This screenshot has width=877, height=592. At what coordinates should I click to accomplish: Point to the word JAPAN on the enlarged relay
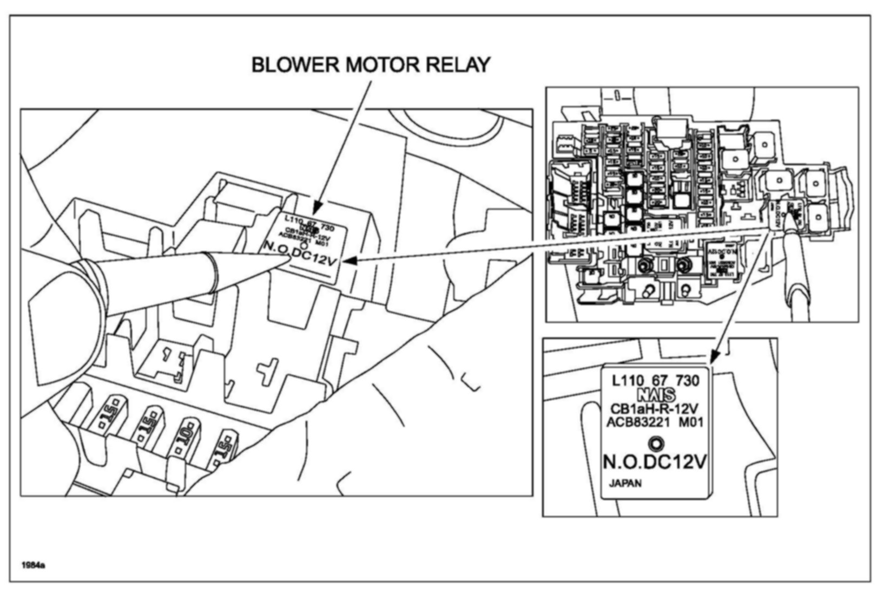tap(625, 483)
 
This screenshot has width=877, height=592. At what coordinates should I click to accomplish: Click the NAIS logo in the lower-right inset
tap(656, 395)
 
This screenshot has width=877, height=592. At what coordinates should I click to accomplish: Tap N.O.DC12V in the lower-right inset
tap(655, 462)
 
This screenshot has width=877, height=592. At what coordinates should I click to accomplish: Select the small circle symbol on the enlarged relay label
tap(656, 443)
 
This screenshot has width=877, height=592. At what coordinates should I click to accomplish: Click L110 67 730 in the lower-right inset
tap(655, 381)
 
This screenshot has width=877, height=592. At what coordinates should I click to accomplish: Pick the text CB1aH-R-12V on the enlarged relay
tap(654, 408)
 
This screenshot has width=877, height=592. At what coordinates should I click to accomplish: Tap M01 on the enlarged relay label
tap(691, 421)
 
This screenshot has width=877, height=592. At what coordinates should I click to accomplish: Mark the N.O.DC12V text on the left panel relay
tap(300, 254)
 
